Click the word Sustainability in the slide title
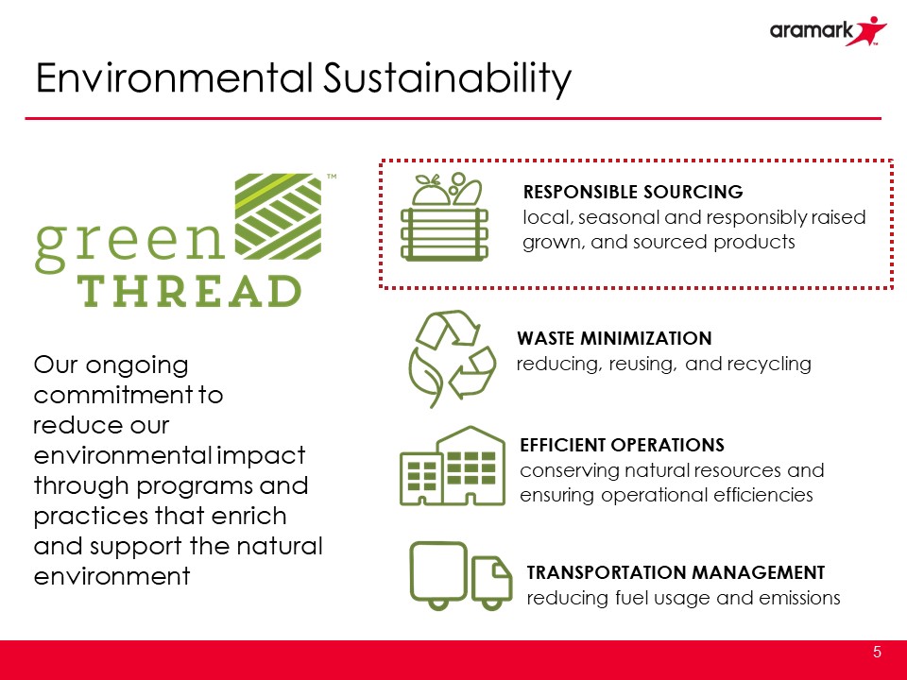447,78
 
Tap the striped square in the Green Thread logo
278,216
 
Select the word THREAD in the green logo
190,291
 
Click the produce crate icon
444,216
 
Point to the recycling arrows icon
453,359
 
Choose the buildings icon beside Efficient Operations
453,466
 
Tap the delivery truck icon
460,575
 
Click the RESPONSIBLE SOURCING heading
633,192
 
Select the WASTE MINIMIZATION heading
614,338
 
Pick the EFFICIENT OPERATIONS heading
622,445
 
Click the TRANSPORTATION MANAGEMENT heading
676,572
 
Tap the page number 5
877,653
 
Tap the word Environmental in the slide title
174,78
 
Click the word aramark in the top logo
811,30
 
